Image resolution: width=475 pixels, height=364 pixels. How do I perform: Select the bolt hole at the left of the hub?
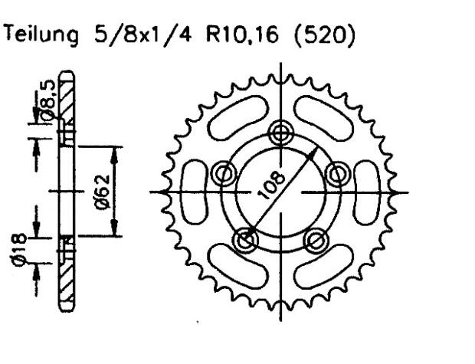[224, 173]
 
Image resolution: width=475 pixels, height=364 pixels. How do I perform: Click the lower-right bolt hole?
[315, 240]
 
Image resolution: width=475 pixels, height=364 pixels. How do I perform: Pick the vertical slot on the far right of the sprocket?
[368, 192]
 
